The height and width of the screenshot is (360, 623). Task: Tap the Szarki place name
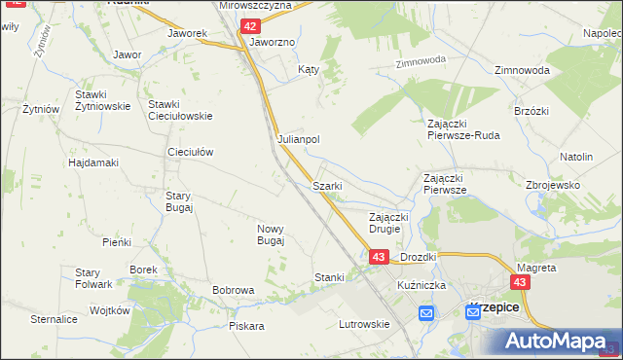point(325,185)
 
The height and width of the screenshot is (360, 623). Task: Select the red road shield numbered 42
point(251,27)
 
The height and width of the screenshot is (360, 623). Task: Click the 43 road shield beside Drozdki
point(380,256)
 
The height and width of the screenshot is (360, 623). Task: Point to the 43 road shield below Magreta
point(522,282)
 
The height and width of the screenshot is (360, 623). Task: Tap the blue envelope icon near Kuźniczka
point(426,313)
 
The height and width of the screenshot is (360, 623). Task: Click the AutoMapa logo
point(559,341)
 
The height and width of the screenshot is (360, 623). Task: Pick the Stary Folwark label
point(94,277)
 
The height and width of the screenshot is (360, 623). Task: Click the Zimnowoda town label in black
point(522,71)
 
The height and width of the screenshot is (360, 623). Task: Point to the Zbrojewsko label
point(553,185)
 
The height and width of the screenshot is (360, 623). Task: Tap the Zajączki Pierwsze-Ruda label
point(463,129)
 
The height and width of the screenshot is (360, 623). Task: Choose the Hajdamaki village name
point(93,162)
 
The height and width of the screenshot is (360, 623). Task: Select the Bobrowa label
point(234,290)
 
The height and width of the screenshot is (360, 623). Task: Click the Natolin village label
point(576,156)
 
